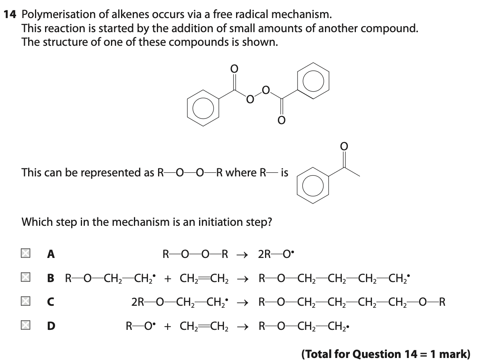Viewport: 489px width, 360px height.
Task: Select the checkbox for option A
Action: [x=25, y=254]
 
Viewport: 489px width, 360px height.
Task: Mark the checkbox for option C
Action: [x=25, y=301]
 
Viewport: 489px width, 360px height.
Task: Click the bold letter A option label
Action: [x=51, y=254]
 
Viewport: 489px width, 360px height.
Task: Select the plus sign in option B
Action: [x=167, y=278]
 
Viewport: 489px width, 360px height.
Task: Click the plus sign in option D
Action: [x=167, y=325]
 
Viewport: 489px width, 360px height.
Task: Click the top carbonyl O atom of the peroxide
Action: [x=234, y=69]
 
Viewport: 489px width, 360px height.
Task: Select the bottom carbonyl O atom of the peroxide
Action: [x=281, y=120]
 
